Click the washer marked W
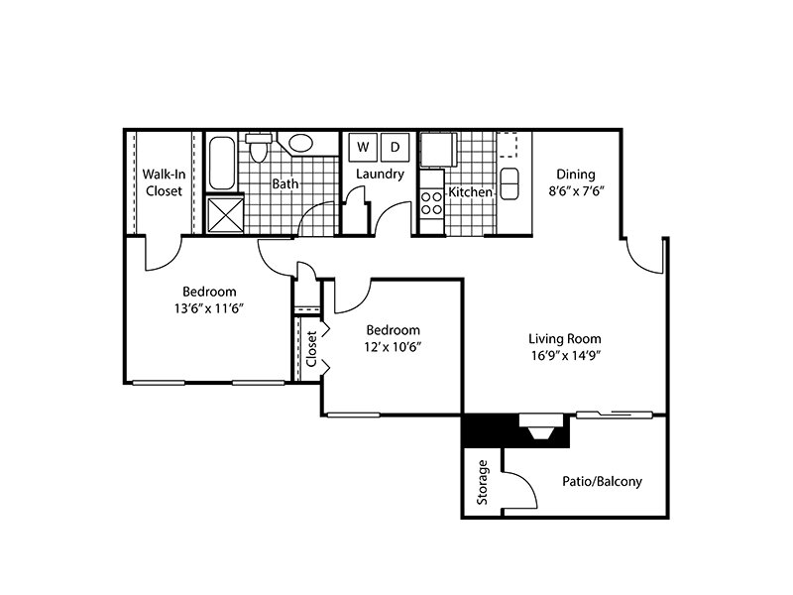pyautogui.click(x=363, y=147)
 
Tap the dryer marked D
pyautogui.click(x=395, y=147)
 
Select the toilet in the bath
pyautogui.click(x=259, y=147)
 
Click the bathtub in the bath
pyautogui.click(x=221, y=163)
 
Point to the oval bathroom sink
pyautogui.click(x=300, y=143)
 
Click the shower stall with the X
pyautogui.click(x=225, y=215)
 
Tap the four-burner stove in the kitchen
pyautogui.click(x=431, y=202)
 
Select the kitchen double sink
pyautogui.click(x=509, y=183)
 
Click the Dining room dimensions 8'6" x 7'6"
pyautogui.click(x=577, y=191)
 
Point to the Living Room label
pyautogui.click(x=565, y=338)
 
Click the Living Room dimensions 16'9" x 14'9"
pyautogui.click(x=565, y=355)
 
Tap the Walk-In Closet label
pyautogui.click(x=164, y=182)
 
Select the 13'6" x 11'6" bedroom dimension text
pyautogui.click(x=209, y=308)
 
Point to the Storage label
pyautogui.click(x=483, y=482)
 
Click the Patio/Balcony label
pyautogui.click(x=603, y=481)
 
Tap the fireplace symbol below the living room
pyautogui.click(x=541, y=426)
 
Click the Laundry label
pyautogui.click(x=380, y=175)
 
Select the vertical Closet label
pyautogui.click(x=311, y=349)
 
